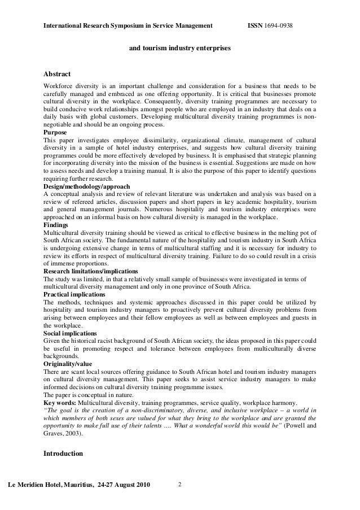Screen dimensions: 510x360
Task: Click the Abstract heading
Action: [x=57, y=74]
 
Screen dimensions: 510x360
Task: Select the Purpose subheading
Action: [x=55, y=132]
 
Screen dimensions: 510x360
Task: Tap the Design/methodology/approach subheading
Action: [x=87, y=186]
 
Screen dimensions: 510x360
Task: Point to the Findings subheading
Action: [x=57, y=224]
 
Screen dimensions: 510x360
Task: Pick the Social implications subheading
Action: [x=70, y=333]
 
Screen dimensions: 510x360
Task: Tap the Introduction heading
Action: [x=63, y=454]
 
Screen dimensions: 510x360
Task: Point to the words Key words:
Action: [x=60, y=402]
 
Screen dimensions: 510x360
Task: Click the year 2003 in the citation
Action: [x=73, y=433]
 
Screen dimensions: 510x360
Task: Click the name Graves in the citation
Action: [x=52, y=433]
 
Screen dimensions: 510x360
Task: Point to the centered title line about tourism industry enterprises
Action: [x=180, y=49]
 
